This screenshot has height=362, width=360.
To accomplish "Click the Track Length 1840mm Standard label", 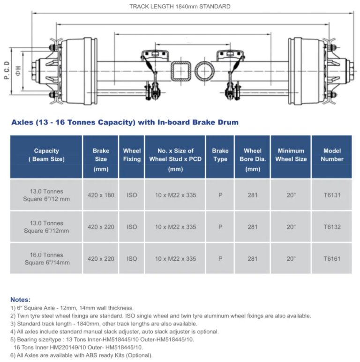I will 180,7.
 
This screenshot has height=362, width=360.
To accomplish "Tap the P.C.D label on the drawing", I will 7,71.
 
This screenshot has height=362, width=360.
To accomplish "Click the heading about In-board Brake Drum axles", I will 124,122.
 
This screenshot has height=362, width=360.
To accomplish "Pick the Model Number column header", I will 332,155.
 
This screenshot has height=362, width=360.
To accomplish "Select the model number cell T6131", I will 332,195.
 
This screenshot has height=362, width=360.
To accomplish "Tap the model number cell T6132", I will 332,227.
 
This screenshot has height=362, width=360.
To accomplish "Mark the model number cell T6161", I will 332,259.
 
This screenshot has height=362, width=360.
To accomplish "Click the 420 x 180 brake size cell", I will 101,195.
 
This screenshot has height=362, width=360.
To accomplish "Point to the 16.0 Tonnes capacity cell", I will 46,259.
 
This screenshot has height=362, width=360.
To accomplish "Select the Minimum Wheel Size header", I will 291,155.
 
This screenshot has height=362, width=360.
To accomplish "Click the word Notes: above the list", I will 20,299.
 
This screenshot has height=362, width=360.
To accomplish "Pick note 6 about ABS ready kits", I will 81,355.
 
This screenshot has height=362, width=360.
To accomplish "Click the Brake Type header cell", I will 220,155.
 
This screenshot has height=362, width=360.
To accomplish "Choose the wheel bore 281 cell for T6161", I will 252,259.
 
